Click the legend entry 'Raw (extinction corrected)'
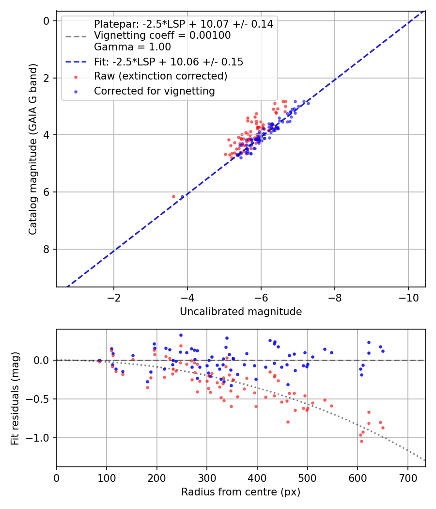tap(160, 76)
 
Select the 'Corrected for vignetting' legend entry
tap(154, 91)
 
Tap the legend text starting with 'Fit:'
tap(169, 62)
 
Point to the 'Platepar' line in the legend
tap(184, 24)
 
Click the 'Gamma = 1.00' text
tap(132, 47)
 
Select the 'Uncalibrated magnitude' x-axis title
tap(241, 312)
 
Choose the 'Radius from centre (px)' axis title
tap(241, 492)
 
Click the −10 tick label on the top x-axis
tap(408, 297)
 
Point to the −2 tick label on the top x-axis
tap(114, 297)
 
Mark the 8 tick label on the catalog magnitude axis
tap(47, 249)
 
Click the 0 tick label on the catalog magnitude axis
tap(47, 21)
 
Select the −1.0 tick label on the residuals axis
tap(41, 438)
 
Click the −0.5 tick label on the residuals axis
tap(41, 399)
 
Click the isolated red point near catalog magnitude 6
tap(174, 196)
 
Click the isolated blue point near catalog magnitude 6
tap(182, 196)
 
